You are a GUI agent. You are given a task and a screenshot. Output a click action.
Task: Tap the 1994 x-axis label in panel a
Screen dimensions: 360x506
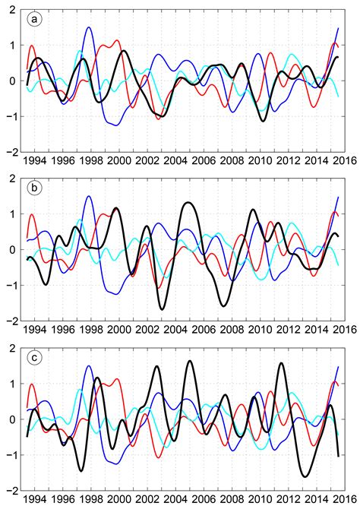coord(34,160)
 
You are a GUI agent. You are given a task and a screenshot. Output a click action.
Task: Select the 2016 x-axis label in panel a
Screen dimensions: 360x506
coord(345,160)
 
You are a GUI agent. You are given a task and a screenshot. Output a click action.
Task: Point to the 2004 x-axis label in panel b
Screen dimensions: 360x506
coord(175,329)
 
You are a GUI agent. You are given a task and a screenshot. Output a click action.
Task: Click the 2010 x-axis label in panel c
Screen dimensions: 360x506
coord(260,498)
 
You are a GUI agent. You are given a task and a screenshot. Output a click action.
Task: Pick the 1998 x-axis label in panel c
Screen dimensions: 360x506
coord(91,498)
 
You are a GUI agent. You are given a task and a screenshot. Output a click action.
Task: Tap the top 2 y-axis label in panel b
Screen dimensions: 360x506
coord(13,179)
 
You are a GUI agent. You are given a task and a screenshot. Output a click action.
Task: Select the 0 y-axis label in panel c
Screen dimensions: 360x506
coord(13,419)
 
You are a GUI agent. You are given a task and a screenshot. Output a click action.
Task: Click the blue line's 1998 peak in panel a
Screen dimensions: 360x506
coord(89,27)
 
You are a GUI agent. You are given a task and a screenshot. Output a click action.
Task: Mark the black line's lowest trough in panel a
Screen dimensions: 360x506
coord(264,121)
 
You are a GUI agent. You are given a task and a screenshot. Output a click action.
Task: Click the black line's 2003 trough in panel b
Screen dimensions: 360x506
coord(162,309)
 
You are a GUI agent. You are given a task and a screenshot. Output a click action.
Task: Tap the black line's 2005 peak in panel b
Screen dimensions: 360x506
coord(188,203)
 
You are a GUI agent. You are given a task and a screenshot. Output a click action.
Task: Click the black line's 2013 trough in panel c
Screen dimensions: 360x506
coord(305,476)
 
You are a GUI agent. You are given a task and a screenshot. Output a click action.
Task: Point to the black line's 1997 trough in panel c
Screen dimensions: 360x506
coord(81,470)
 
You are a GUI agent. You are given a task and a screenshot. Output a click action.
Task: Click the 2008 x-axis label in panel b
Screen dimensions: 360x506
coord(232,329)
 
